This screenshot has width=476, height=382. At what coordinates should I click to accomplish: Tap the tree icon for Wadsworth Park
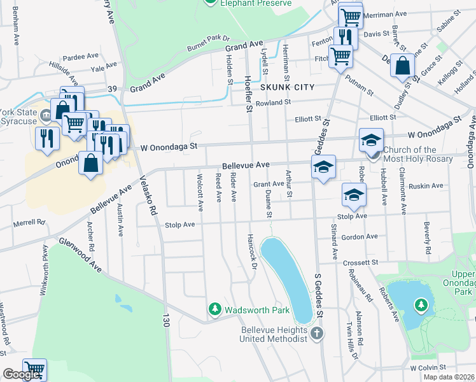coord(215,309)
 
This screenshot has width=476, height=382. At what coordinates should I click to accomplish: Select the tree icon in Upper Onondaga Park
coord(421,306)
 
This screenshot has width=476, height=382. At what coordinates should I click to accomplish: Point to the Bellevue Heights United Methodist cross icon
coord(317,333)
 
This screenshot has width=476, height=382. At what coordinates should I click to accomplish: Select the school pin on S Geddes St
coord(323,168)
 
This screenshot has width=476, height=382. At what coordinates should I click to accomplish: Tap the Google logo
coord(22,374)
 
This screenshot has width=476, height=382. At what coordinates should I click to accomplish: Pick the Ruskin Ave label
coord(427,186)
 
